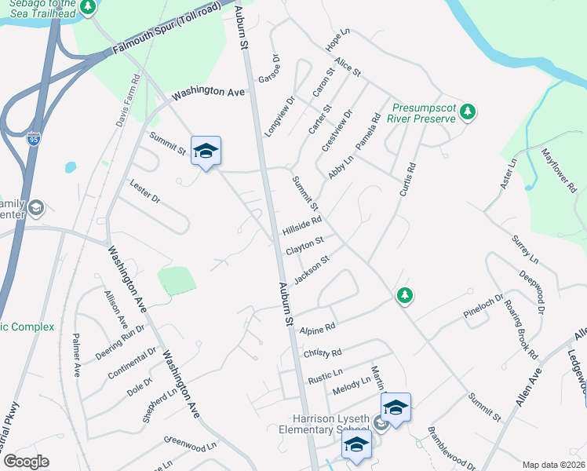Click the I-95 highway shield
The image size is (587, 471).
click(33, 140)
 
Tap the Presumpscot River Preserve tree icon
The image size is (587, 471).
click(468, 111)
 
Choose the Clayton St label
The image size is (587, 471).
click(305, 246)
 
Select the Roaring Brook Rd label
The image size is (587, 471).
click(520, 326)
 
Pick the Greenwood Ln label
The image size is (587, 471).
click(190, 447)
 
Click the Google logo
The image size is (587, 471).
click(26, 462)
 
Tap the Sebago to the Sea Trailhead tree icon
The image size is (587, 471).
click(89, 7)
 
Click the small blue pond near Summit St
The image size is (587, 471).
click(71, 167)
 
